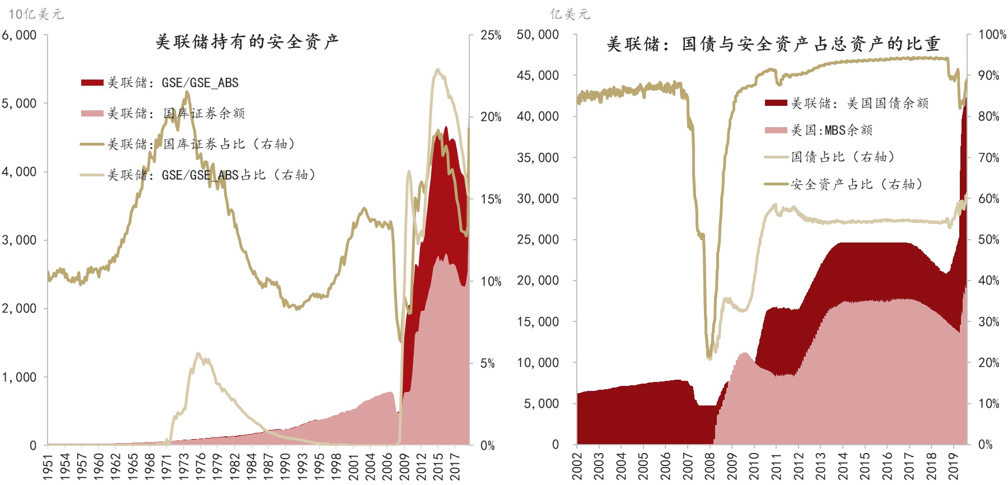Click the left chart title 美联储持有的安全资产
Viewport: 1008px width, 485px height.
[246, 42]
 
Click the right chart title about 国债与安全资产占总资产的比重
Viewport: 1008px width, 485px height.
[773, 44]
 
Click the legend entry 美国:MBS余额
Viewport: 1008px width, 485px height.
[831, 130]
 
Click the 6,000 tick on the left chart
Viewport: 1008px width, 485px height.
[19, 35]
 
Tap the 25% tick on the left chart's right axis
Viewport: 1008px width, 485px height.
[491, 35]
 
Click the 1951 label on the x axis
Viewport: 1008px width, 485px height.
[48, 467]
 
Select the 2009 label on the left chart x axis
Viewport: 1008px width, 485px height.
[404, 467]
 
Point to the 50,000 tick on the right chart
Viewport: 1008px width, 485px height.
[538, 35]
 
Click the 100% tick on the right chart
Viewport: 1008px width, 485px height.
[992, 35]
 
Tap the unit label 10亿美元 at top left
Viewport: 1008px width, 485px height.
[36, 14]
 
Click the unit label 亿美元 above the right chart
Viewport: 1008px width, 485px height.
[570, 14]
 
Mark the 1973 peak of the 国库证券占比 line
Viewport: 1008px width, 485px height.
[186, 93]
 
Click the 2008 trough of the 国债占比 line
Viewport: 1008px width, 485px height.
[710, 357]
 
